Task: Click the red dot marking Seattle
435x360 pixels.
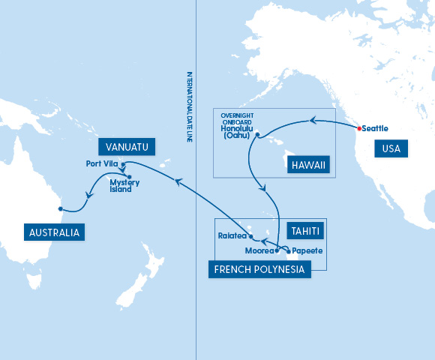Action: (360, 128)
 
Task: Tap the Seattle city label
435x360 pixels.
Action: (376, 128)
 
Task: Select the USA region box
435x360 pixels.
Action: (391, 148)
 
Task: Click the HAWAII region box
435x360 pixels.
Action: (308, 165)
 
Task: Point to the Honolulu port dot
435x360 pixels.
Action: (257, 135)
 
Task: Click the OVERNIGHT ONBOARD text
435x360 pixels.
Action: (237, 118)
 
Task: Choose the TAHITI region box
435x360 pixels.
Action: (305, 231)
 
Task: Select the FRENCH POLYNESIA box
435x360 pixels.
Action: (259, 268)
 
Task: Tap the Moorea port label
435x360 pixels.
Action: (259, 251)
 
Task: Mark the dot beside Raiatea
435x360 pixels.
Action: (250, 235)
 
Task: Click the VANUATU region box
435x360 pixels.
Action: (126, 146)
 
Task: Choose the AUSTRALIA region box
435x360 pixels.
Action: (53, 232)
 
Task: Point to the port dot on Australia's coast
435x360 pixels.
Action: (60, 209)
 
